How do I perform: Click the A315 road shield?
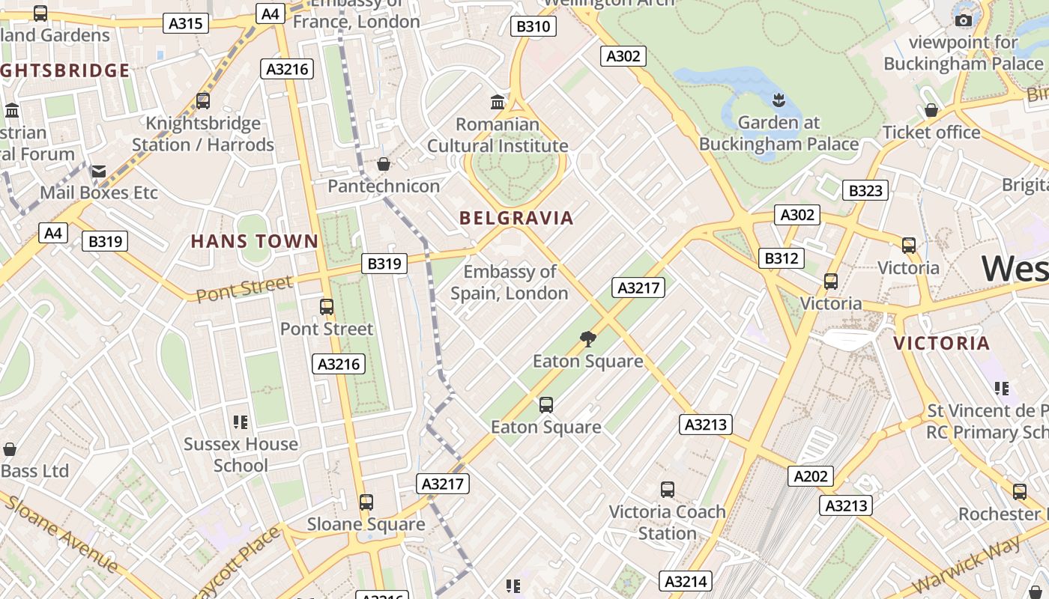pyautogui.click(x=185, y=23)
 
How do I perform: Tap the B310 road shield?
pyautogui.click(x=533, y=27)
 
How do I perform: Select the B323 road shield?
pyautogui.click(x=865, y=190)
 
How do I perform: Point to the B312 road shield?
pyautogui.click(x=782, y=258)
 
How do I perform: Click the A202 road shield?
pyautogui.click(x=810, y=475)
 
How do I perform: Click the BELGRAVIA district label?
pyautogui.click(x=516, y=218)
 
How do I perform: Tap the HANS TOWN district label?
pyautogui.click(x=255, y=241)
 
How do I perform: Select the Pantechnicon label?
pyautogui.click(x=384, y=186)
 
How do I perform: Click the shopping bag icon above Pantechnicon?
pyautogui.click(x=384, y=163)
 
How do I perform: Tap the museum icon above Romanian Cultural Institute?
pyautogui.click(x=497, y=102)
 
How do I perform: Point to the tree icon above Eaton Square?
pyautogui.click(x=588, y=339)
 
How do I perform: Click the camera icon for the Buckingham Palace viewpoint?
pyautogui.click(x=964, y=20)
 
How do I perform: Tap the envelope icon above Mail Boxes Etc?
pyautogui.click(x=99, y=171)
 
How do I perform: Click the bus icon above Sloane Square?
pyautogui.click(x=366, y=502)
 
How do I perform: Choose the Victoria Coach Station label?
pyautogui.click(x=667, y=523)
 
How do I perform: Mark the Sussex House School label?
pyautogui.click(x=241, y=454)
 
